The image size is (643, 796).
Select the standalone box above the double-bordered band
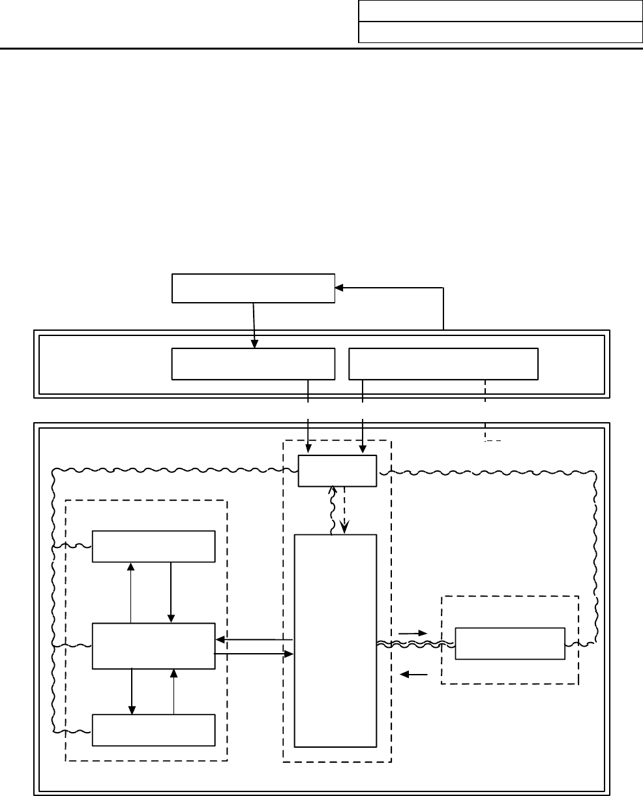pos(253,288)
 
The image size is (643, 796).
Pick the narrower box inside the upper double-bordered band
pos(253,363)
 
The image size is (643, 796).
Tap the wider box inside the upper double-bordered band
pos(443,363)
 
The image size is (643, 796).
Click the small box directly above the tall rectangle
pos(337,471)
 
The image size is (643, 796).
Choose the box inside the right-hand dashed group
pos(509,644)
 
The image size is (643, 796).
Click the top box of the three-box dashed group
pos(153,546)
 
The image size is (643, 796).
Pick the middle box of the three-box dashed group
pos(153,646)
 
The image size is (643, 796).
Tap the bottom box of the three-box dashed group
pos(153,729)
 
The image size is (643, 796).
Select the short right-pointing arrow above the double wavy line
pos(414,633)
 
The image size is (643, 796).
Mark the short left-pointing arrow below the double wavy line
pos(414,675)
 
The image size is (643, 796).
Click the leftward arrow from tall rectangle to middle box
pos(254,639)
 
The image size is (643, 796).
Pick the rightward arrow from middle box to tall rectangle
pos(254,652)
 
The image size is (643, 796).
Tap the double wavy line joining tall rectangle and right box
pos(415,645)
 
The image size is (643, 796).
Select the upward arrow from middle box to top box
pos(132,592)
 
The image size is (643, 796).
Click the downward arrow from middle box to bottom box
pos(132,691)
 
